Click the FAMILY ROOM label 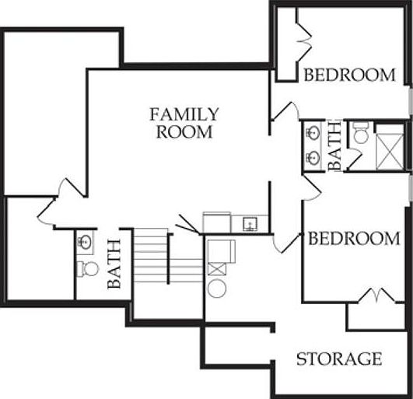pos(184,124)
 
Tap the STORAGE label pos(339,359)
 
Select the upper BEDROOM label pos(349,75)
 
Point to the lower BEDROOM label pos(354,239)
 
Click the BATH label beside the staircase pos(114,264)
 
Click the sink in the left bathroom pos(85,242)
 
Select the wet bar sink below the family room pos(249,225)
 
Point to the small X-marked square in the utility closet pos(218,269)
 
